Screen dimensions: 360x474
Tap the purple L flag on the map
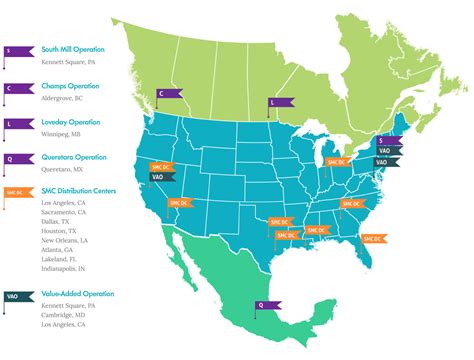280,102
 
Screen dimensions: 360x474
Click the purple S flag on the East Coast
386,141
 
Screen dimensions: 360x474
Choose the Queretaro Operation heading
77,157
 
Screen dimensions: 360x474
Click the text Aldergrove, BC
64,99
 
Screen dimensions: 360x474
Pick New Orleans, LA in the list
67,242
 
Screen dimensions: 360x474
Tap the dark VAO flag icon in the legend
15,295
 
